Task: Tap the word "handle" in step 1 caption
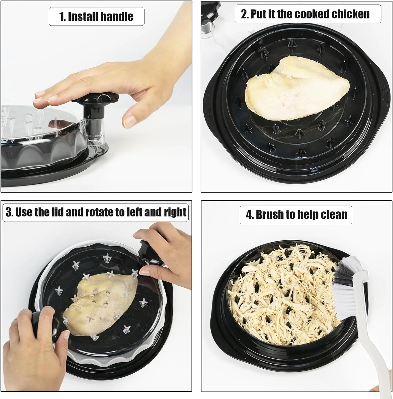(118, 16)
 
